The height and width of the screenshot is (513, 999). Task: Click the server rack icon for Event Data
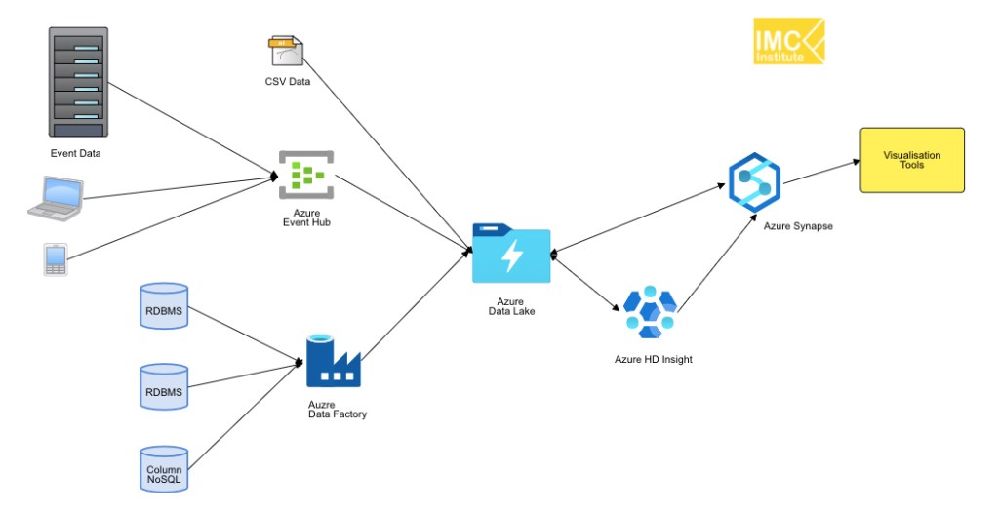[x=78, y=82]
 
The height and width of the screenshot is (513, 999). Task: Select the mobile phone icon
[x=55, y=260]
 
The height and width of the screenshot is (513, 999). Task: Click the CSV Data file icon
[x=286, y=53]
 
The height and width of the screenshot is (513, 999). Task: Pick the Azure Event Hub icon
[x=306, y=176]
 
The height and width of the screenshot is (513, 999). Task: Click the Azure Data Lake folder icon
[x=511, y=254]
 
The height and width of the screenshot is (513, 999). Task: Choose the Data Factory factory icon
[x=333, y=362]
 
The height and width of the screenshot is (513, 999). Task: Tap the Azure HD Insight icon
[x=650, y=313]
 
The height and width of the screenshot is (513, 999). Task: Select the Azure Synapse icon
[x=755, y=182]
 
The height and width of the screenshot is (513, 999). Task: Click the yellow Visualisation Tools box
[x=911, y=160]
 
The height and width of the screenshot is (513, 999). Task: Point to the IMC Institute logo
[x=788, y=42]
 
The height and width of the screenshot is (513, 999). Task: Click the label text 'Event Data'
[x=76, y=153]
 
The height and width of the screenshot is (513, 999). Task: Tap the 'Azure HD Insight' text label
[x=653, y=359]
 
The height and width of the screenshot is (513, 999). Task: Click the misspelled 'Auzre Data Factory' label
[x=337, y=410]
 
